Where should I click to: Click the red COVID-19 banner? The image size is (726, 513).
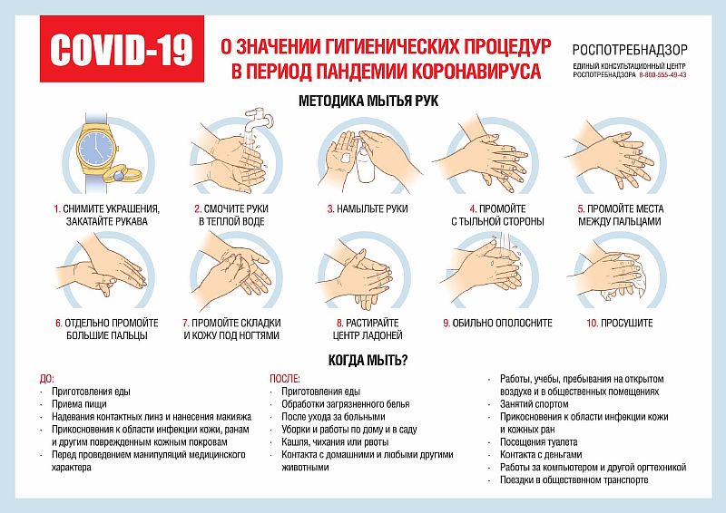coord(120,51)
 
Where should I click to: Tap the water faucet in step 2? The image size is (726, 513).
coord(256,121)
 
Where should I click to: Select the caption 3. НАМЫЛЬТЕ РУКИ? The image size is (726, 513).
coord(367,208)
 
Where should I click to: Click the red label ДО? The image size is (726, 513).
coord(47,378)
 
